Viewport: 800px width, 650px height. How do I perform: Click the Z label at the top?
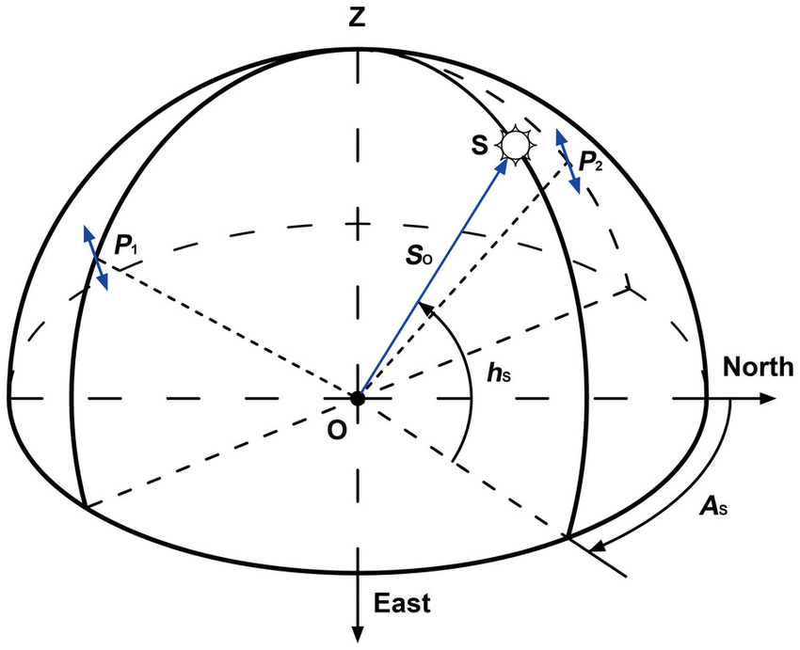click(356, 17)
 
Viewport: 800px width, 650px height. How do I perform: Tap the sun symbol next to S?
click(515, 144)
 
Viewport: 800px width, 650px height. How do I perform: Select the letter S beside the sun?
click(481, 146)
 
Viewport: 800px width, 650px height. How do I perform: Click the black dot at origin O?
click(357, 398)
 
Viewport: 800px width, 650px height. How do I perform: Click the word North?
click(759, 368)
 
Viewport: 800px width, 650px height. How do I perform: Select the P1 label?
click(127, 246)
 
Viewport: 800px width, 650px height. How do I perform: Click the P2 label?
click(591, 163)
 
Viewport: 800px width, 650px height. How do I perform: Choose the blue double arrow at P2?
click(568, 162)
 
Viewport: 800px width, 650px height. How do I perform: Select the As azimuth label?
click(712, 509)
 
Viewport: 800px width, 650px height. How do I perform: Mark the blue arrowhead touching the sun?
click(501, 166)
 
